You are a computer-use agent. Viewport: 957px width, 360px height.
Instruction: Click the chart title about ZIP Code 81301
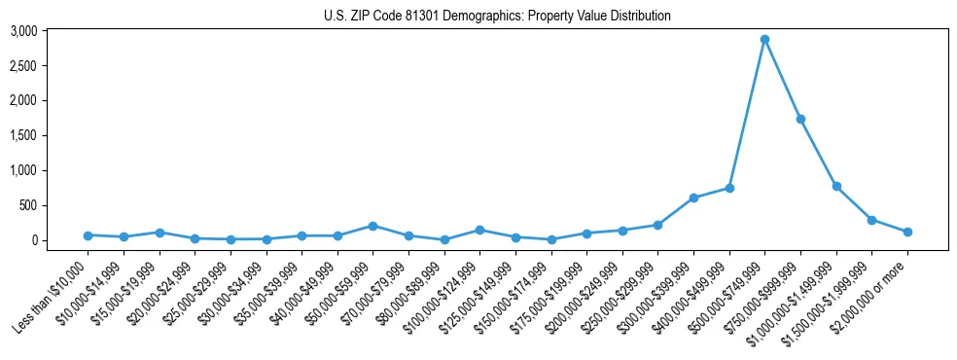497,16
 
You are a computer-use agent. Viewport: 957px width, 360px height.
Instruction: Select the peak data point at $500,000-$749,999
764,40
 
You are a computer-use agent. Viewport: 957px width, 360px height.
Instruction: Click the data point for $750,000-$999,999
800,119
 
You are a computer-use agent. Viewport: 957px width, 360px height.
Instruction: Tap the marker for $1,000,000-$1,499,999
836,186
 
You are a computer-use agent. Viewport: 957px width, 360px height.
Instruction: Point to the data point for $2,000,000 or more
907,232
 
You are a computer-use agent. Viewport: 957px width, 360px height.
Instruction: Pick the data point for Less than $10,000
88,235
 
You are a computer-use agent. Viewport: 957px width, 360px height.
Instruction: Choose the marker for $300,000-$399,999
693,198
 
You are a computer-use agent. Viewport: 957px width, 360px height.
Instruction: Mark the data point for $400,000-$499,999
729,188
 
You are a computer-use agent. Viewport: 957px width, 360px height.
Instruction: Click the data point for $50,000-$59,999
372,226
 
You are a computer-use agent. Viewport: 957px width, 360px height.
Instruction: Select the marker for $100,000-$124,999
479,230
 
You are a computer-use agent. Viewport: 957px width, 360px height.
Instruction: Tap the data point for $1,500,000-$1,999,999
871,220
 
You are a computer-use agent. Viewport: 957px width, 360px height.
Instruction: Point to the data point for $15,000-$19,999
159,233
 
